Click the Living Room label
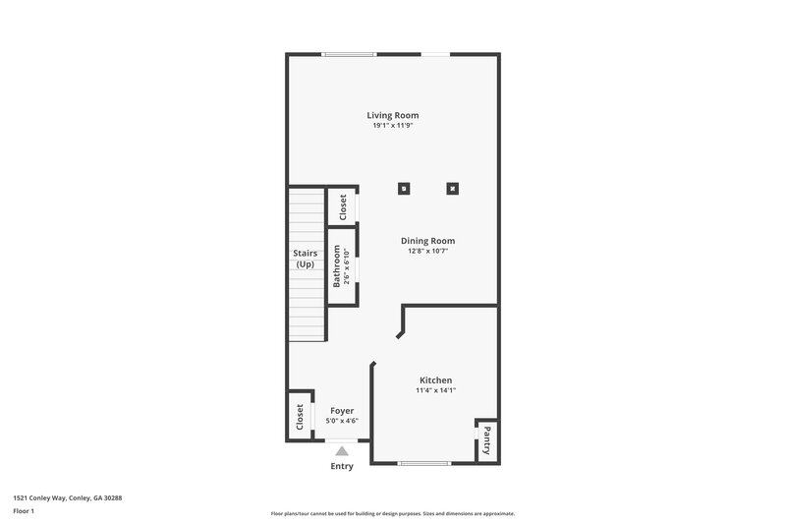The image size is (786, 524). [x=393, y=115]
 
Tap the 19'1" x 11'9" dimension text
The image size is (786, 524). [x=393, y=126]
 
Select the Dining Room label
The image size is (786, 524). [x=427, y=240]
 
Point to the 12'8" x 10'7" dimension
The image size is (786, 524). [x=427, y=251]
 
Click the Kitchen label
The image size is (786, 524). [x=435, y=379]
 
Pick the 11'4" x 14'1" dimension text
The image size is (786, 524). [x=435, y=390]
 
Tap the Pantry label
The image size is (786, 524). [x=485, y=439]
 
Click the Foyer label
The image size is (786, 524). [x=342, y=410]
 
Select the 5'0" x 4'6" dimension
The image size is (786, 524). [x=342, y=421]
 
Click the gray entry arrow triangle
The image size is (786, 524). [x=342, y=451]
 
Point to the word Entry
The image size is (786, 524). [x=342, y=466]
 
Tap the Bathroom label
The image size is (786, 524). [x=336, y=266]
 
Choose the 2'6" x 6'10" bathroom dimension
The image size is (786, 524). [x=347, y=266]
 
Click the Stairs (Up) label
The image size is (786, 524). [x=305, y=259]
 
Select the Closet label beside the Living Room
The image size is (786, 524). [x=343, y=207]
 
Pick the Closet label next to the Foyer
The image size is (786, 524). [x=300, y=418]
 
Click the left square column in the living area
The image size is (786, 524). [x=403, y=188]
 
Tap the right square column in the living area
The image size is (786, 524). [x=453, y=188]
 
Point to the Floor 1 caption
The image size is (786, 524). [x=24, y=511]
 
